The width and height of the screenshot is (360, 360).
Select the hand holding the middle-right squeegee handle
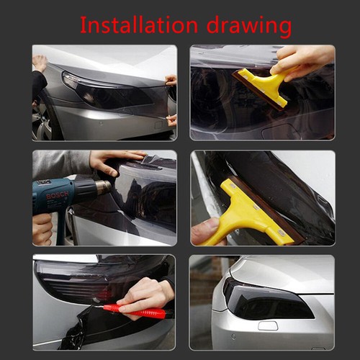click(205, 231)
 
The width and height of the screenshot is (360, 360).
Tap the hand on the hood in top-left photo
click(40, 61)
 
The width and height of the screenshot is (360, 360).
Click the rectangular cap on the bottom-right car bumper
click(268, 326)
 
